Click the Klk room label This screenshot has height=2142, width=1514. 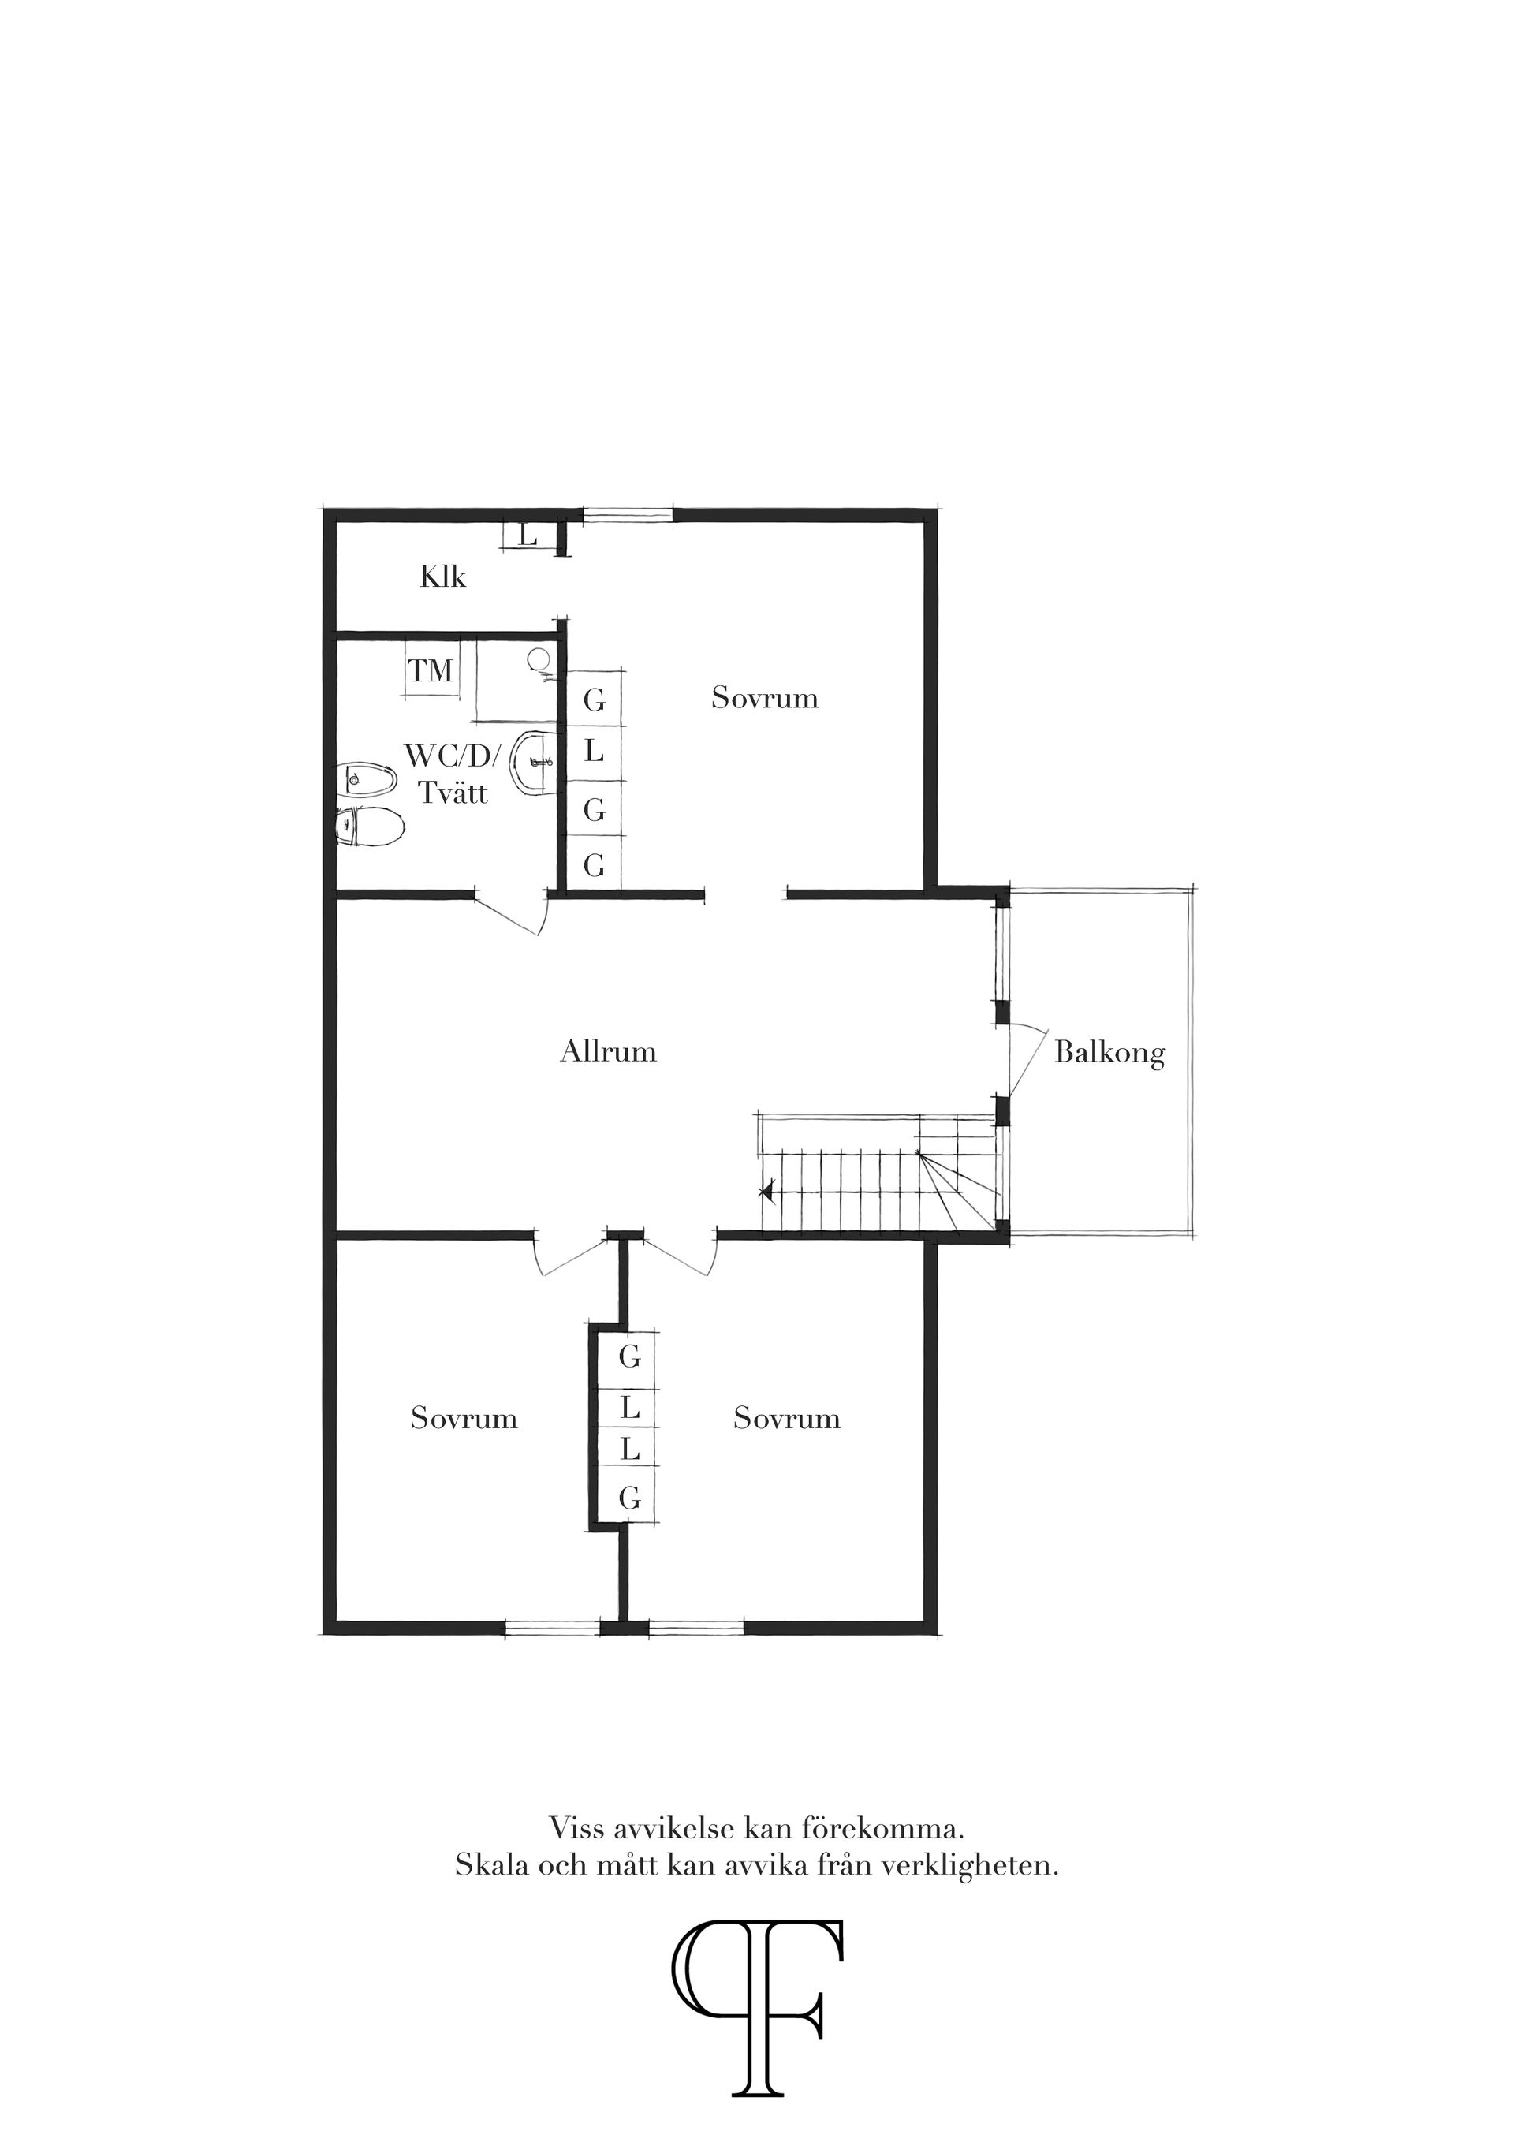[442, 577]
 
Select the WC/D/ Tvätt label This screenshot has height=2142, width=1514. [453, 774]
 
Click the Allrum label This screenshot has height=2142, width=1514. [608, 1052]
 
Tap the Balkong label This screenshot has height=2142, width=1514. [1109, 1054]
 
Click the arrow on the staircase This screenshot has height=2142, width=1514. [766, 1192]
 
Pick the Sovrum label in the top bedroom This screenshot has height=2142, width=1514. [765, 698]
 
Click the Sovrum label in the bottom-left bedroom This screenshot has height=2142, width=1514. [464, 1419]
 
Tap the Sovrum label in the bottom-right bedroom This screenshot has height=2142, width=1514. [786, 1419]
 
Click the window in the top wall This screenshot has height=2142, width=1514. [628, 513]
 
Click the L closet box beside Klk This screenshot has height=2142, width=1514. [529, 536]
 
